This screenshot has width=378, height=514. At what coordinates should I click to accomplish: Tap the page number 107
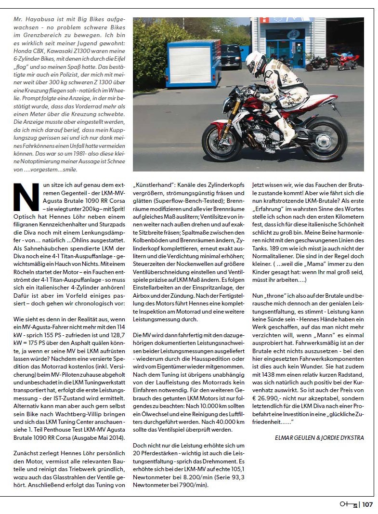[367, 505]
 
